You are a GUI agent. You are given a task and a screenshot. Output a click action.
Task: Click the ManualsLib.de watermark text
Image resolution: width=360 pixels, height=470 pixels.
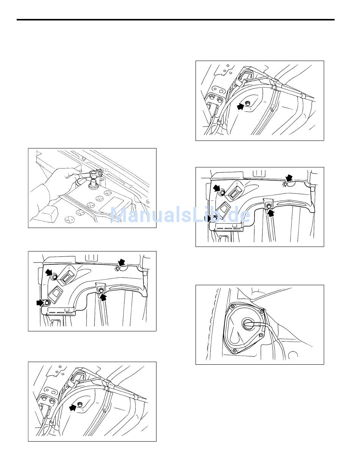(180, 215)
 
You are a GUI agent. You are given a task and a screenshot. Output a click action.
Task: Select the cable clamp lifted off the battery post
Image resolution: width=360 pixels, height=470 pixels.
(95, 174)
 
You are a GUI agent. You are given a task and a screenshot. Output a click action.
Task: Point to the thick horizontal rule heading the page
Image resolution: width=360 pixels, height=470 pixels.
(175, 20)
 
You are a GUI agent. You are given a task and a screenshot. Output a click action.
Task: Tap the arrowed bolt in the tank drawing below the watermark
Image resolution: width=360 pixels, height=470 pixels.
(80, 405)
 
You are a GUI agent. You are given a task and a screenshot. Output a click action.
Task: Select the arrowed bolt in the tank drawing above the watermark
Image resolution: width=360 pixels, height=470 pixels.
(247, 104)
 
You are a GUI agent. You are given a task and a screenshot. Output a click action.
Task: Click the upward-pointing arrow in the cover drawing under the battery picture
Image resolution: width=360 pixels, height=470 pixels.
(102, 297)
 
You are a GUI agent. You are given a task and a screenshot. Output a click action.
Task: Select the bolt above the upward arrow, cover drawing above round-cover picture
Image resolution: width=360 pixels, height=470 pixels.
(269, 206)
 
